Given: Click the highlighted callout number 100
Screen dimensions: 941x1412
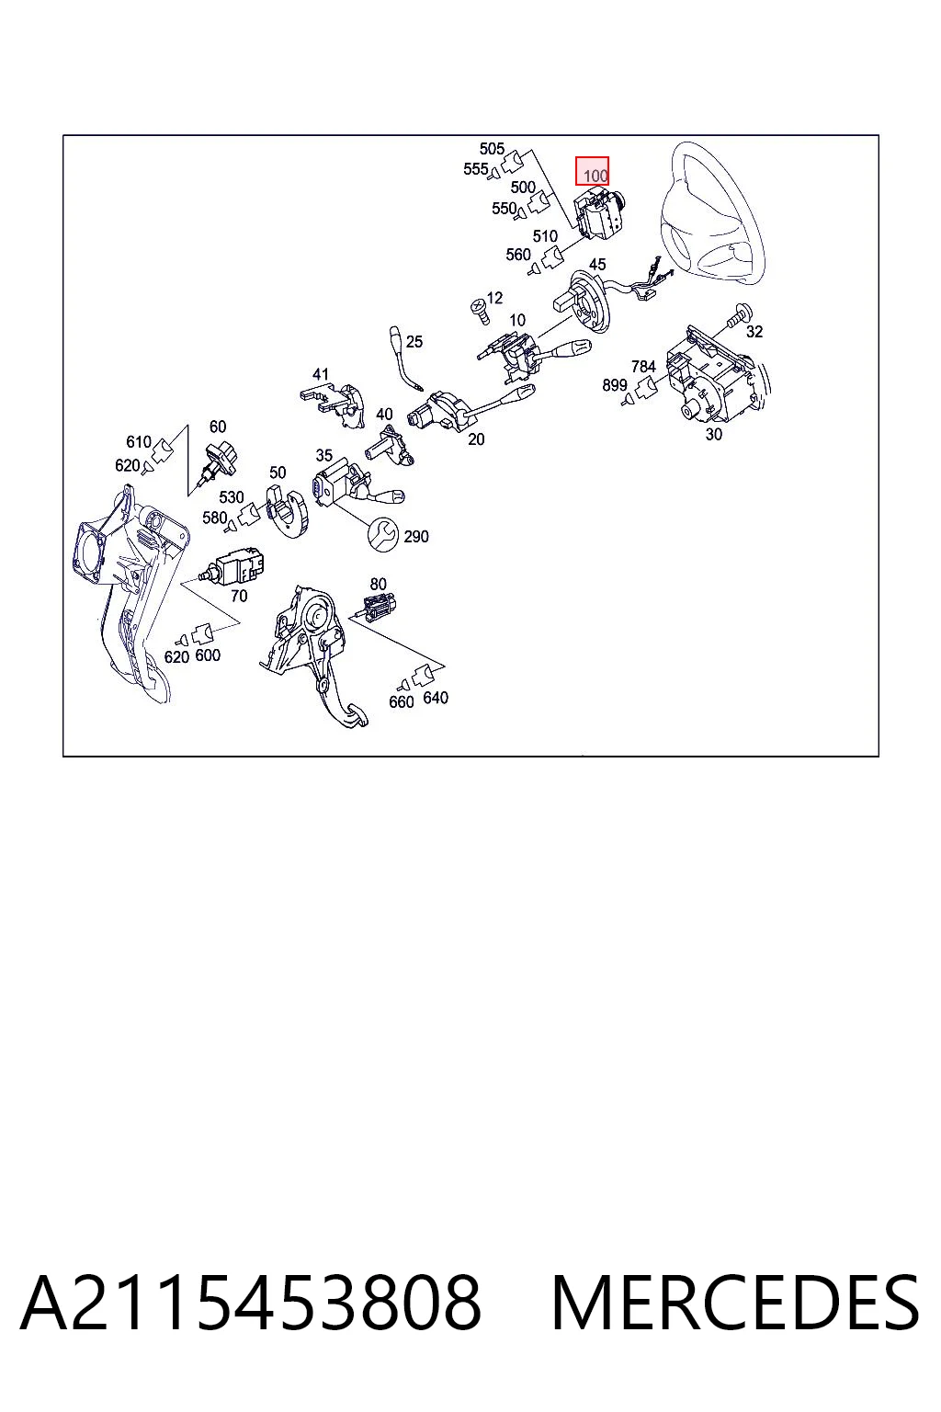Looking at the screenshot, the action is click(x=595, y=176).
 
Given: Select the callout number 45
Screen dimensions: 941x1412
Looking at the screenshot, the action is click(x=597, y=264).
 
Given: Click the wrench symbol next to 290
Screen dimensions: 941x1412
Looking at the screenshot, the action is click(x=382, y=534).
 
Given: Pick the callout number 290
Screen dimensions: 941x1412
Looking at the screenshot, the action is click(x=416, y=537).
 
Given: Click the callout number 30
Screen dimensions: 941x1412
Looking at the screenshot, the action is click(x=713, y=434).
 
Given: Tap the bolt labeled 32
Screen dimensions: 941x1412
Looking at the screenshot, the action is click(x=740, y=316).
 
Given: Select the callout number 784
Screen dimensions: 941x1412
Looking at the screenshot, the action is click(x=643, y=366).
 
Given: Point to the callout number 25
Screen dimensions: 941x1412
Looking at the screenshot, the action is click(x=414, y=342).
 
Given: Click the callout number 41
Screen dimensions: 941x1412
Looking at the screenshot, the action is click(x=321, y=374).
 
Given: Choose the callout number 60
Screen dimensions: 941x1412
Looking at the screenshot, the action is click(x=218, y=427).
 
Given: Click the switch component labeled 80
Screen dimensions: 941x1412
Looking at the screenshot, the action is click(x=376, y=608).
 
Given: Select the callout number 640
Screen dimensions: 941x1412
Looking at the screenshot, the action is click(x=436, y=698).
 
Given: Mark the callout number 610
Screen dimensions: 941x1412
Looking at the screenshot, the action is click(x=139, y=442).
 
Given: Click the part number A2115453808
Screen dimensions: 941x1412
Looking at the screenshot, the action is click(x=251, y=1304).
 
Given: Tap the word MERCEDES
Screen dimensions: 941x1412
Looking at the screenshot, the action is click(x=735, y=1304).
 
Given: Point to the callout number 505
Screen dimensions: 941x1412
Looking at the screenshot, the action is click(x=492, y=149).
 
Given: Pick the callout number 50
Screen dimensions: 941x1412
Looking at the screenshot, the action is click(x=278, y=473).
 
